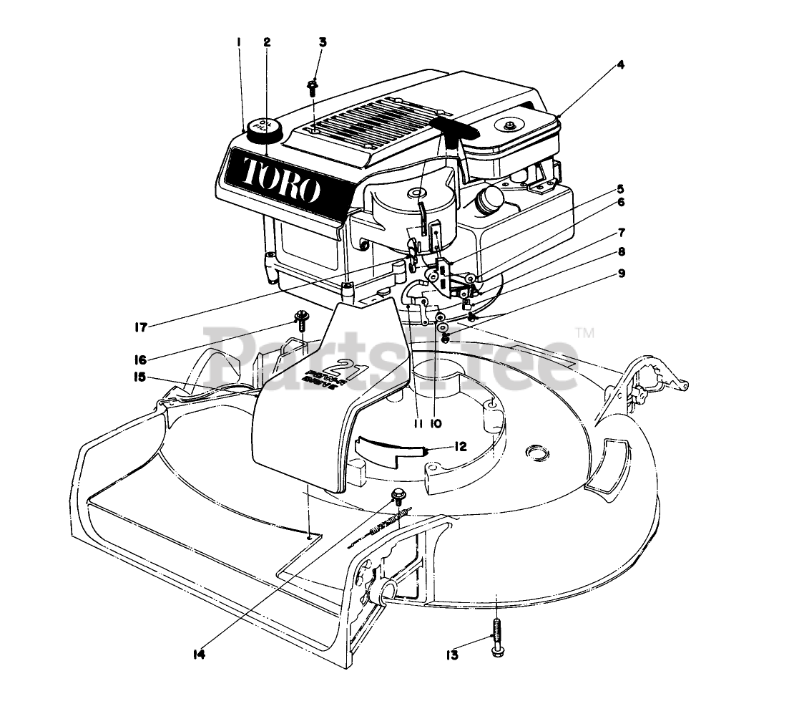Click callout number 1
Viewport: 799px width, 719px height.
point(239,42)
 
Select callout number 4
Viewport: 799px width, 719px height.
point(620,64)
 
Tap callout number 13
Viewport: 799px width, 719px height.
point(451,654)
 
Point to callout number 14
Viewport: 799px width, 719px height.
point(198,654)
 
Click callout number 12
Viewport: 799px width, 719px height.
point(459,447)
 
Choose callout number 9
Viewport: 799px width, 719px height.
point(621,274)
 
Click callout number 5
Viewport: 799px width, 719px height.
point(621,190)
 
